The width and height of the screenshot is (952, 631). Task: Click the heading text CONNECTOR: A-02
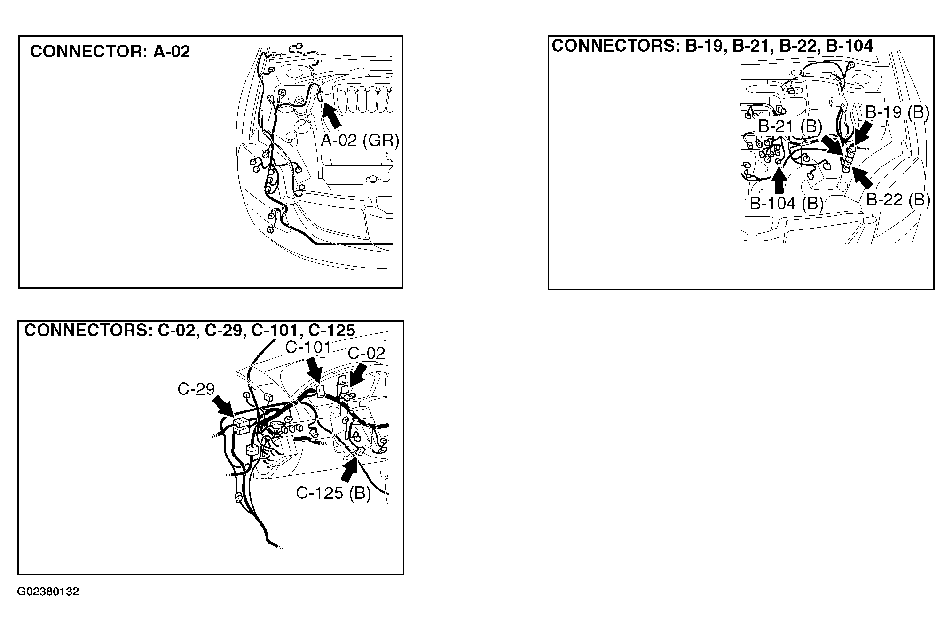pos(110,52)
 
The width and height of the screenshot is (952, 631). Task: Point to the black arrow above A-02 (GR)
pos(332,116)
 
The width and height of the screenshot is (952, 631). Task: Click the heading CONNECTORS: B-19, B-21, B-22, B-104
pos(712,46)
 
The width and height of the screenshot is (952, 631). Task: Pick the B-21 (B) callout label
pos(790,126)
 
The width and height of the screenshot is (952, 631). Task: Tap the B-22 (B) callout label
pos(898,200)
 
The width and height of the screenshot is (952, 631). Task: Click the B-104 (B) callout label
pos(787,203)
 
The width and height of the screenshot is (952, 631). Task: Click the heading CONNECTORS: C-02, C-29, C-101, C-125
pos(189,331)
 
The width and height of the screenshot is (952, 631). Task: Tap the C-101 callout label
pos(308,347)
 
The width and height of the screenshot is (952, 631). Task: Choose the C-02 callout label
pos(366,353)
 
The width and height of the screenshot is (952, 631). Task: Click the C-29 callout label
pos(196,389)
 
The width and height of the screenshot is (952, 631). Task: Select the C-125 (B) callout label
pos(333,493)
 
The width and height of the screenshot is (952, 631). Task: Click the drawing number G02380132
pos(48,592)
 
